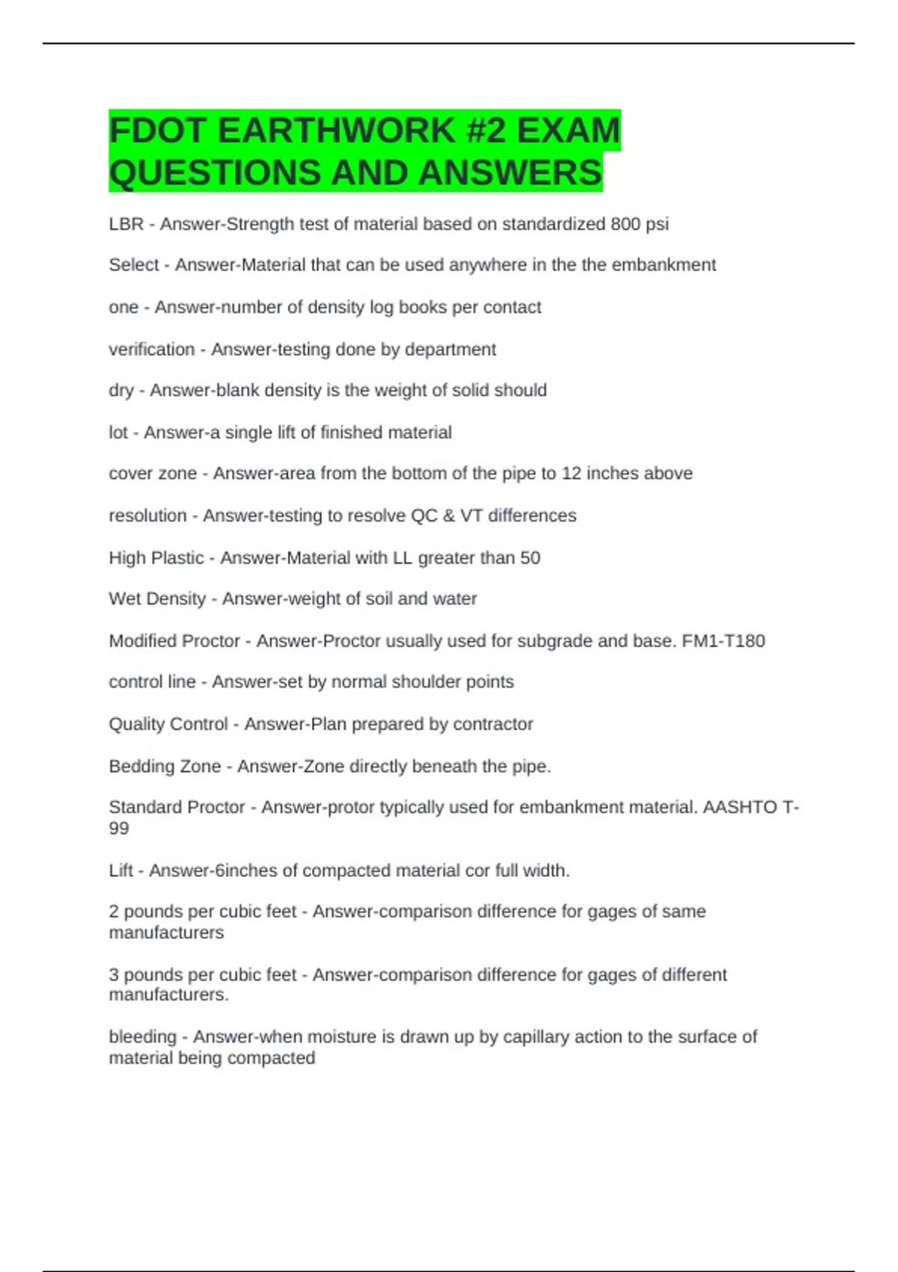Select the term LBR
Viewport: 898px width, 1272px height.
[x=126, y=224]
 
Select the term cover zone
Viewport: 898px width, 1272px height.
[x=153, y=474]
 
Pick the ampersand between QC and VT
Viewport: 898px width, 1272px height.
[x=448, y=516]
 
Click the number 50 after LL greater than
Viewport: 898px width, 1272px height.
[x=530, y=557]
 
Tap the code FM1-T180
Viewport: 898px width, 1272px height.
[x=723, y=640]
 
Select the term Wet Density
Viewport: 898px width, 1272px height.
[x=157, y=599]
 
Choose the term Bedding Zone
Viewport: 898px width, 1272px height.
[x=165, y=766]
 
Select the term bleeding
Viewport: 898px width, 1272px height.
[x=143, y=1037]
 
